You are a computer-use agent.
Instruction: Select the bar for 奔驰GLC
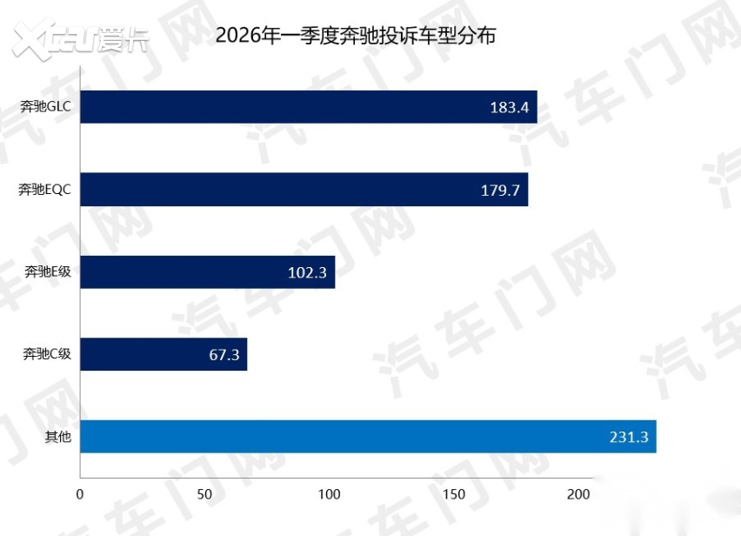click(308, 107)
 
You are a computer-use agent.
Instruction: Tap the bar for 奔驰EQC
click(304, 190)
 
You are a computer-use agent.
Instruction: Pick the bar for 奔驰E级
click(207, 272)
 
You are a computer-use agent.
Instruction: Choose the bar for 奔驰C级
click(164, 354)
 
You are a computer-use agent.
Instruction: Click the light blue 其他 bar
click(367, 437)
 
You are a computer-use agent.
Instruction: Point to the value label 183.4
click(509, 108)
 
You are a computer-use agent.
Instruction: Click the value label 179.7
click(500, 191)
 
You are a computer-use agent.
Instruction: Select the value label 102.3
click(307, 273)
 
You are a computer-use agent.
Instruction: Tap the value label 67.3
click(224, 355)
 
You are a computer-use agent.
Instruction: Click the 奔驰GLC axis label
click(46, 107)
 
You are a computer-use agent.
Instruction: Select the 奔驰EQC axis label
click(44, 190)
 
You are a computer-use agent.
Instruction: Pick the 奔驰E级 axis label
click(47, 272)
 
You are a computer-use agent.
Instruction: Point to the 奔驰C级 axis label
click(47, 354)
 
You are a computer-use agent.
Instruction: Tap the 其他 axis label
click(57, 437)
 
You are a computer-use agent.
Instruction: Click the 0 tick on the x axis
click(80, 494)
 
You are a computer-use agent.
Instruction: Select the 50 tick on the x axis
click(205, 494)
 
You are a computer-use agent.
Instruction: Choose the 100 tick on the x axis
click(330, 494)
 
